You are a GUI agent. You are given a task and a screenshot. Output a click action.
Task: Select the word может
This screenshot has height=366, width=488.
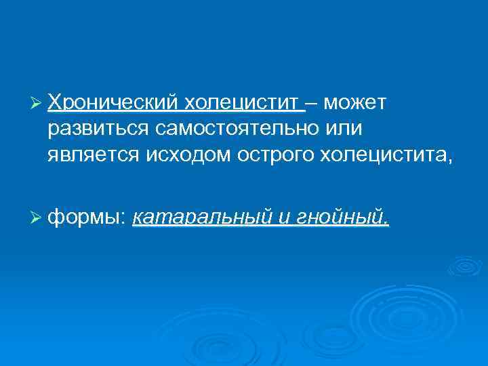point(355,102)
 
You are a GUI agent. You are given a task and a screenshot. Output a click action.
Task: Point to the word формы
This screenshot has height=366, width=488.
point(85,218)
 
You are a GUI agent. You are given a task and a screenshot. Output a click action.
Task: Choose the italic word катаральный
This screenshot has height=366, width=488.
point(203,217)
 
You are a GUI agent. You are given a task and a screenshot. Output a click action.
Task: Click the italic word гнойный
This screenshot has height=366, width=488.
point(342,217)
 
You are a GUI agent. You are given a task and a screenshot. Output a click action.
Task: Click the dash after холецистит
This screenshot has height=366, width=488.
point(313,103)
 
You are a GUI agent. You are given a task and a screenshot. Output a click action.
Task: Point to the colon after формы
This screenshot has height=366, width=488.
point(125,218)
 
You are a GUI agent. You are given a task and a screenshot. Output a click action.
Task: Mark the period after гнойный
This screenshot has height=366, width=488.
point(387,222)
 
